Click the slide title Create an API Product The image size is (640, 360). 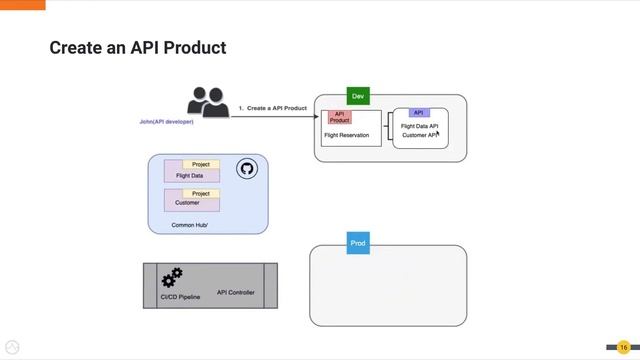(x=138, y=47)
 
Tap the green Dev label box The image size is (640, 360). (x=359, y=96)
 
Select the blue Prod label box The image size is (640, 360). (x=359, y=244)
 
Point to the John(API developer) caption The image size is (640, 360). (x=167, y=122)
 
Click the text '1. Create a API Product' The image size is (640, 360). (x=272, y=107)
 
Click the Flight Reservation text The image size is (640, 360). (x=346, y=134)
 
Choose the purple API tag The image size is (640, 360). (x=419, y=113)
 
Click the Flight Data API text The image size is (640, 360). (x=419, y=126)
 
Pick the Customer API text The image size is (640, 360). (x=420, y=135)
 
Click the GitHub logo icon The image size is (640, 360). (x=247, y=169)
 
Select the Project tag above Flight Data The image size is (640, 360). (x=200, y=164)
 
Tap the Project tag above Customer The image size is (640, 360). (x=200, y=193)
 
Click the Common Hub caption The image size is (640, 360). (x=189, y=225)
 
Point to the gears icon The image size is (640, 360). (x=173, y=277)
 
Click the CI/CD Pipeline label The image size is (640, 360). (x=180, y=297)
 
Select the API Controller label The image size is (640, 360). (x=235, y=293)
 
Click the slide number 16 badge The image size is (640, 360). (x=622, y=346)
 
